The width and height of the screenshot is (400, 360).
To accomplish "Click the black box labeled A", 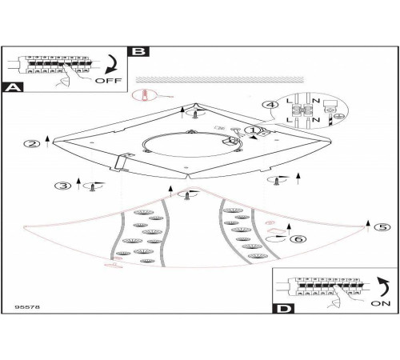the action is (13, 87).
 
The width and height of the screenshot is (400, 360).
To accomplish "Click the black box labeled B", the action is (138, 51).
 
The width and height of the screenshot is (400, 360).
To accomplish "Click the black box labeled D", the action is (283, 309).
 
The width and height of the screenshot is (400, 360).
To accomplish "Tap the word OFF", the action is (108, 80).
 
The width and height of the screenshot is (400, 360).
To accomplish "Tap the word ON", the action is (381, 303).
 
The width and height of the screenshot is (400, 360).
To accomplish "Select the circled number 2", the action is (32, 144).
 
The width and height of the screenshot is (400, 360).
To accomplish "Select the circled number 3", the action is (63, 186).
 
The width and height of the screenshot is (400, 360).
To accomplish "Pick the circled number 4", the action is (270, 105).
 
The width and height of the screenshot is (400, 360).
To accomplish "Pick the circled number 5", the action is (382, 227).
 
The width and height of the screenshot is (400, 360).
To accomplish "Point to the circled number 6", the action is (298, 239).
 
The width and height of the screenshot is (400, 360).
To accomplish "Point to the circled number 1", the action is (253, 130).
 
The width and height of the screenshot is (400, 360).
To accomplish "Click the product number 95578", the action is (27, 307).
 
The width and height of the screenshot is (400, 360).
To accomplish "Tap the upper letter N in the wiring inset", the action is (316, 101).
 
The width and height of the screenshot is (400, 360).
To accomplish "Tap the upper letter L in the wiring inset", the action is (290, 101).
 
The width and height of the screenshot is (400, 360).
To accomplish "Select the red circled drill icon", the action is (144, 95).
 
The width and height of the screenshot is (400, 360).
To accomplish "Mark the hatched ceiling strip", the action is (220, 79).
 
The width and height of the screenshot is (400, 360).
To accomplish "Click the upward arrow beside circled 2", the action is (47, 142).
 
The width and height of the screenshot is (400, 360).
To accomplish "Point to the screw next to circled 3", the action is (92, 188).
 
